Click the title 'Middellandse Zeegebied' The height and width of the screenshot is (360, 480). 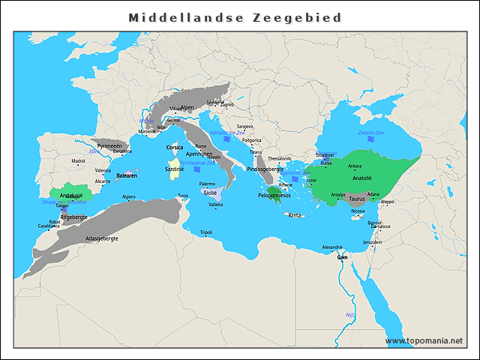(x=235, y=17)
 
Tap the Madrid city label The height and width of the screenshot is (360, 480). (x=78, y=160)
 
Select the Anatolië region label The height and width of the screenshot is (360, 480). (x=362, y=178)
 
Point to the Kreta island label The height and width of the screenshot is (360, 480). (x=295, y=215)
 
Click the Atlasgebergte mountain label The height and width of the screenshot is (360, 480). (x=102, y=238)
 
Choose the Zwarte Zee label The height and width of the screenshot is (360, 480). (x=370, y=133)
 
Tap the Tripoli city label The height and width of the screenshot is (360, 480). (x=206, y=232)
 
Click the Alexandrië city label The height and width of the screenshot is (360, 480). (x=332, y=247)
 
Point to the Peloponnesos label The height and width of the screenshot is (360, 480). (x=274, y=195)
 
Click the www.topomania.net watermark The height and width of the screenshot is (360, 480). (x=424, y=340)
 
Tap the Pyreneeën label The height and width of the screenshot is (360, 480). (x=109, y=145)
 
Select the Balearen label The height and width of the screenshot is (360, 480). (x=126, y=176)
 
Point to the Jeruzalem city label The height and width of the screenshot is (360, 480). (x=372, y=242)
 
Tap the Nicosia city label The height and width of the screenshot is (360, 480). (x=358, y=211)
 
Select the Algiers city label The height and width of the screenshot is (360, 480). (x=129, y=196)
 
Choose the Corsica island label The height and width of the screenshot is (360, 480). (x=175, y=148)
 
